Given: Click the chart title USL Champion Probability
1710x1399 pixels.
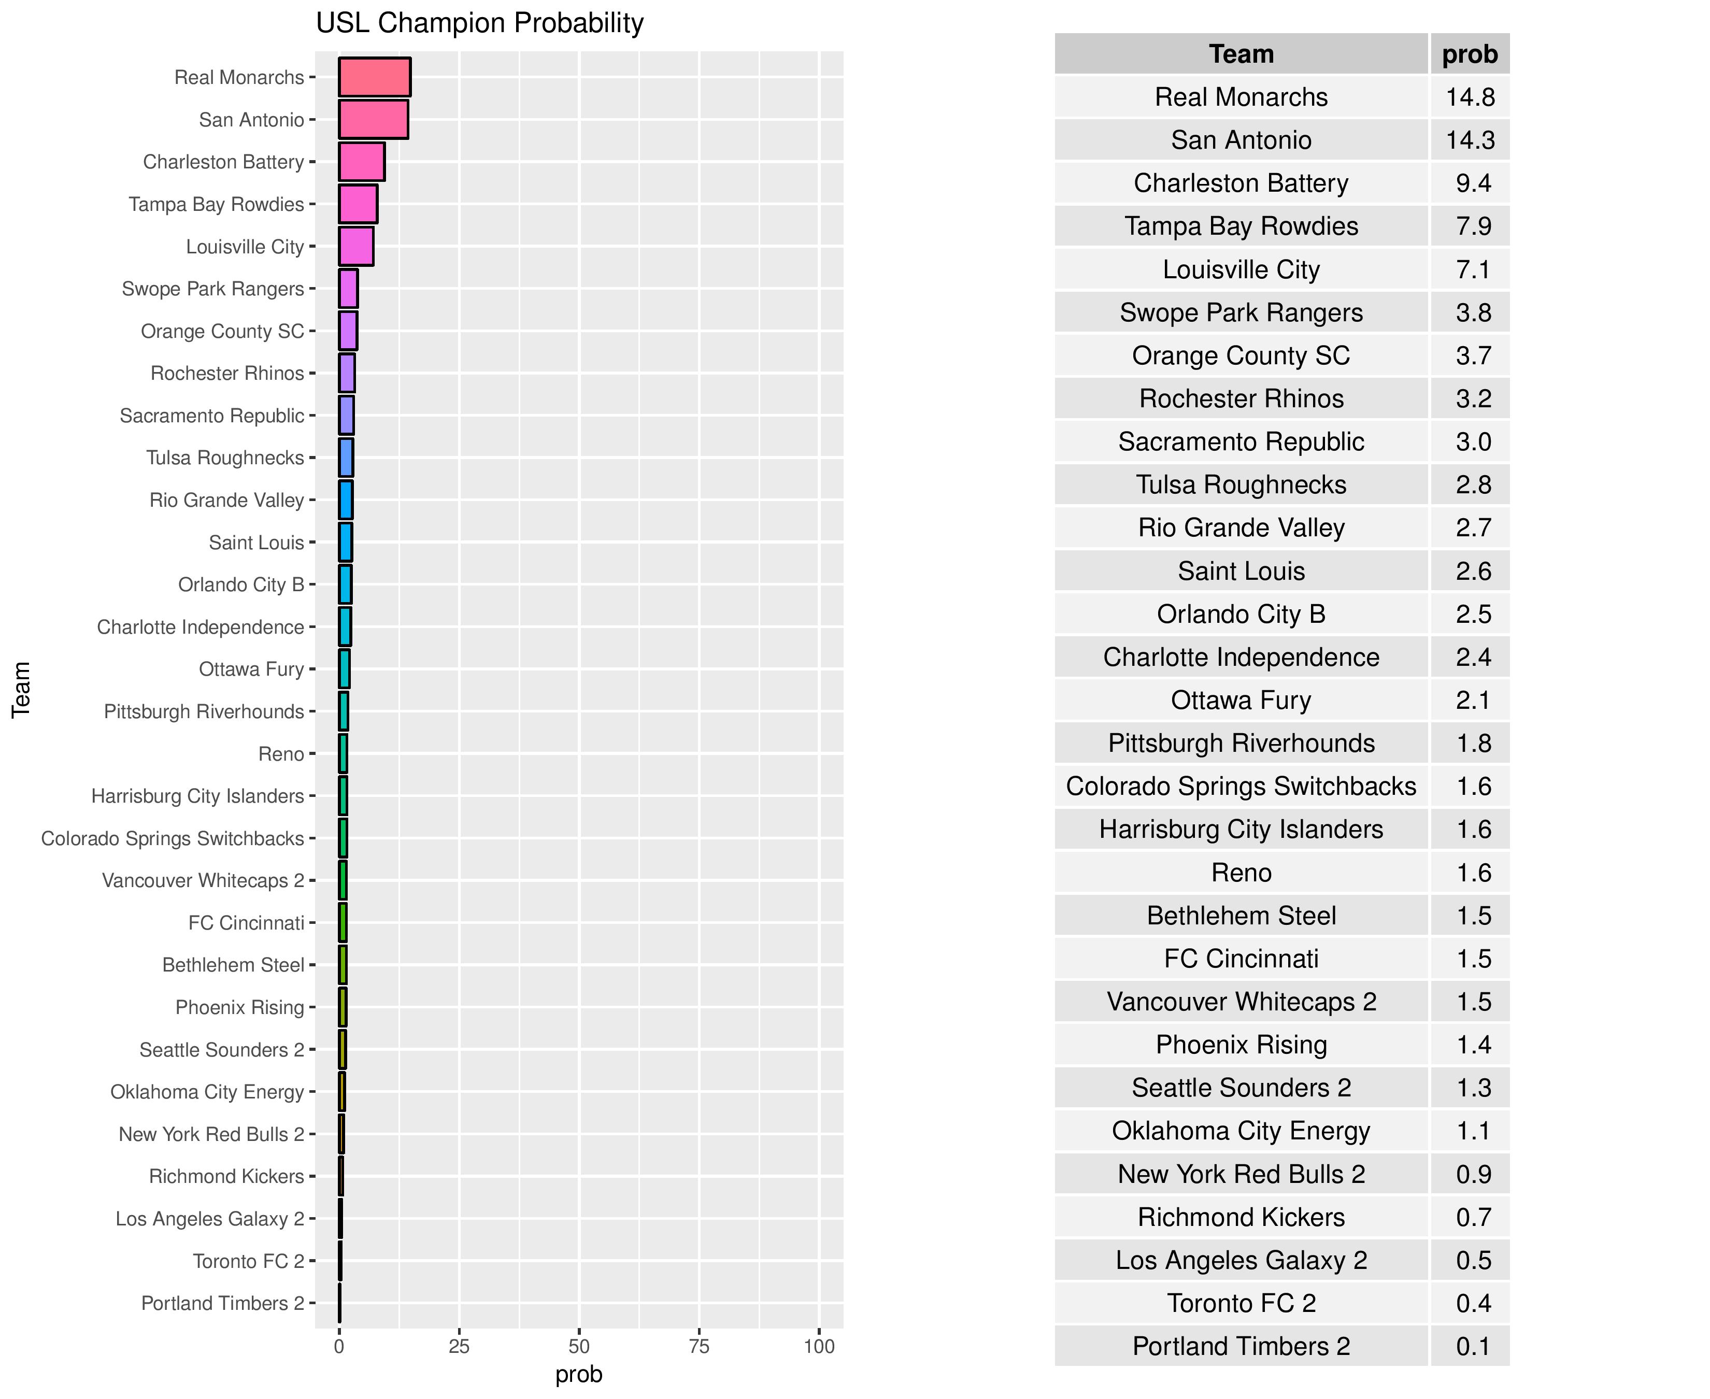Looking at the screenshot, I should click(x=479, y=23).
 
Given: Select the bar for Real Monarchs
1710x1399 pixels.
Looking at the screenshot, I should click(x=375, y=77).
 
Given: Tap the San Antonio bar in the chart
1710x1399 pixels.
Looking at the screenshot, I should click(x=373, y=119).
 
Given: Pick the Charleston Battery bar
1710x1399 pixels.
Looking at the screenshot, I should click(x=362, y=162).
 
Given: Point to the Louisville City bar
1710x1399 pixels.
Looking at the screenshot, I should click(x=356, y=247).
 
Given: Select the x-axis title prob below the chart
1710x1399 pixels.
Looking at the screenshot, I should click(x=579, y=1375).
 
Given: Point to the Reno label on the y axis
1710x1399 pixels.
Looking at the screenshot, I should click(x=280, y=754).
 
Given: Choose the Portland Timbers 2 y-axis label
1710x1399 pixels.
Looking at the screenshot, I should click(x=222, y=1303).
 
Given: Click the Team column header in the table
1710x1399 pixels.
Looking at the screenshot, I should click(x=1241, y=54).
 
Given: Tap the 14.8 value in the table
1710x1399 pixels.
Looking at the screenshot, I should click(x=1470, y=97).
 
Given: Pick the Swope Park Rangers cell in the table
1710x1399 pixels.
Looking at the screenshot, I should click(x=1241, y=312).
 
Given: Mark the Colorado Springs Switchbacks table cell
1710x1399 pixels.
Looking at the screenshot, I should click(x=1241, y=787).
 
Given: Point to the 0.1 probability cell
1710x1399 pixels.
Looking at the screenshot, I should click(x=1472, y=1347).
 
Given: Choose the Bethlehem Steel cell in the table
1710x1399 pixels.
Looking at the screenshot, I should click(x=1241, y=916).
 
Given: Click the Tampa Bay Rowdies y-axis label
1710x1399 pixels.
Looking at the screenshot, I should click(x=216, y=205).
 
